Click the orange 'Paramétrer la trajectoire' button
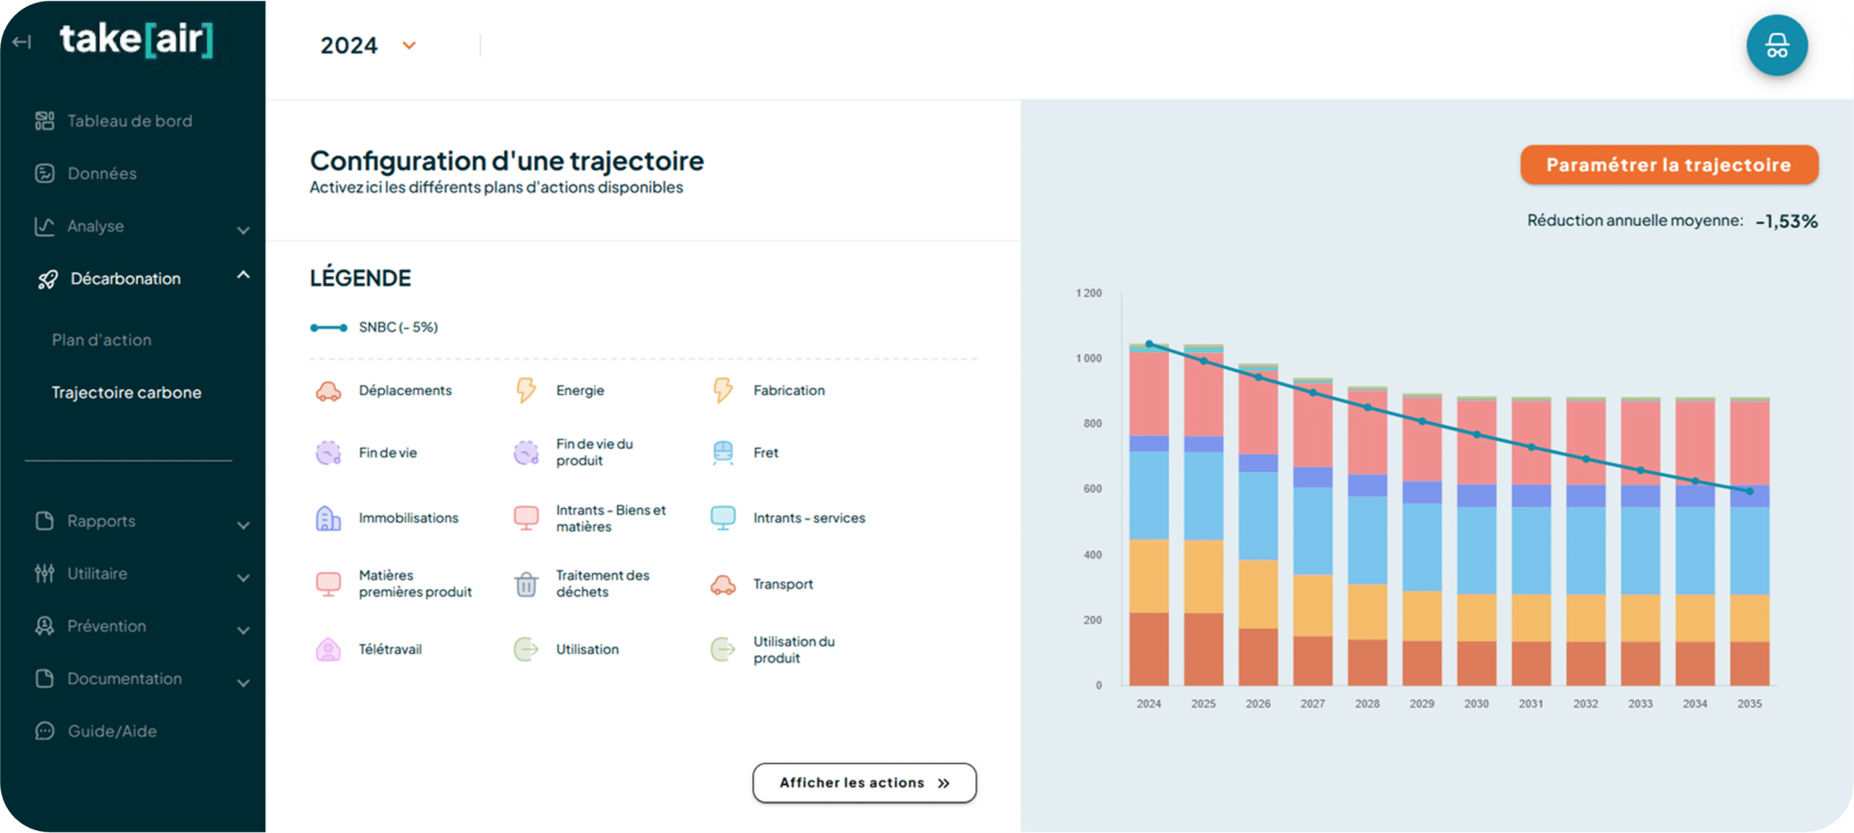(x=1669, y=164)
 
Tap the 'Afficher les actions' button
(x=864, y=783)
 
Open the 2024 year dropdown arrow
(x=409, y=46)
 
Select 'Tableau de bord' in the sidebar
(x=130, y=121)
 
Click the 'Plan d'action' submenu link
(x=101, y=340)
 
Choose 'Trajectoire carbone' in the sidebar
(x=127, y=393)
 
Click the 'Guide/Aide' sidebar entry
(x=112, y=731)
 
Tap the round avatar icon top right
(x=1777, y=46)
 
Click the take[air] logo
(x=136, y=40)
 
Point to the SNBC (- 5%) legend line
(x=329, y=327)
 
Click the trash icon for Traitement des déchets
(x=526, y=584)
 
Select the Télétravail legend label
(x=390, y=649)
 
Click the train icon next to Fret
(x=723, y=453)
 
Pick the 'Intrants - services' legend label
(x=809, y=518)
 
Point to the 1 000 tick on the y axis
(x=1089, y=359)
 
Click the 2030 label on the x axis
(x=1476, y=703)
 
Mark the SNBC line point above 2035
(x=1750, y=491)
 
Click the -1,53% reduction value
(x=1787, y=221)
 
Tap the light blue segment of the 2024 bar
(x=1149, y=495)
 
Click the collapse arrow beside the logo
(x=22, y=42)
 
